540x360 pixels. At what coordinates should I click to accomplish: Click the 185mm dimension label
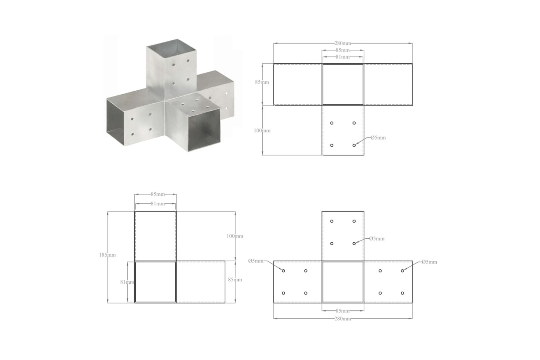tap(108, 255)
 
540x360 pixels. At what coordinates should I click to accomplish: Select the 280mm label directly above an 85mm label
tap(343, 44)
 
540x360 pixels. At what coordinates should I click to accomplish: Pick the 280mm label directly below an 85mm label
tap(343, 319)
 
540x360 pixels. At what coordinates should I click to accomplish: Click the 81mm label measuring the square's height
tap(127, 282)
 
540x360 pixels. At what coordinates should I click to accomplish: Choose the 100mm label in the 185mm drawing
tap(235, 236)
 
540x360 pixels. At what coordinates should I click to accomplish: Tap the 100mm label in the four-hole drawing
tap(262, 131)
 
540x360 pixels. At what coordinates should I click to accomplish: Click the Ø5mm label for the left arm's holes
tap(256, 261)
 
